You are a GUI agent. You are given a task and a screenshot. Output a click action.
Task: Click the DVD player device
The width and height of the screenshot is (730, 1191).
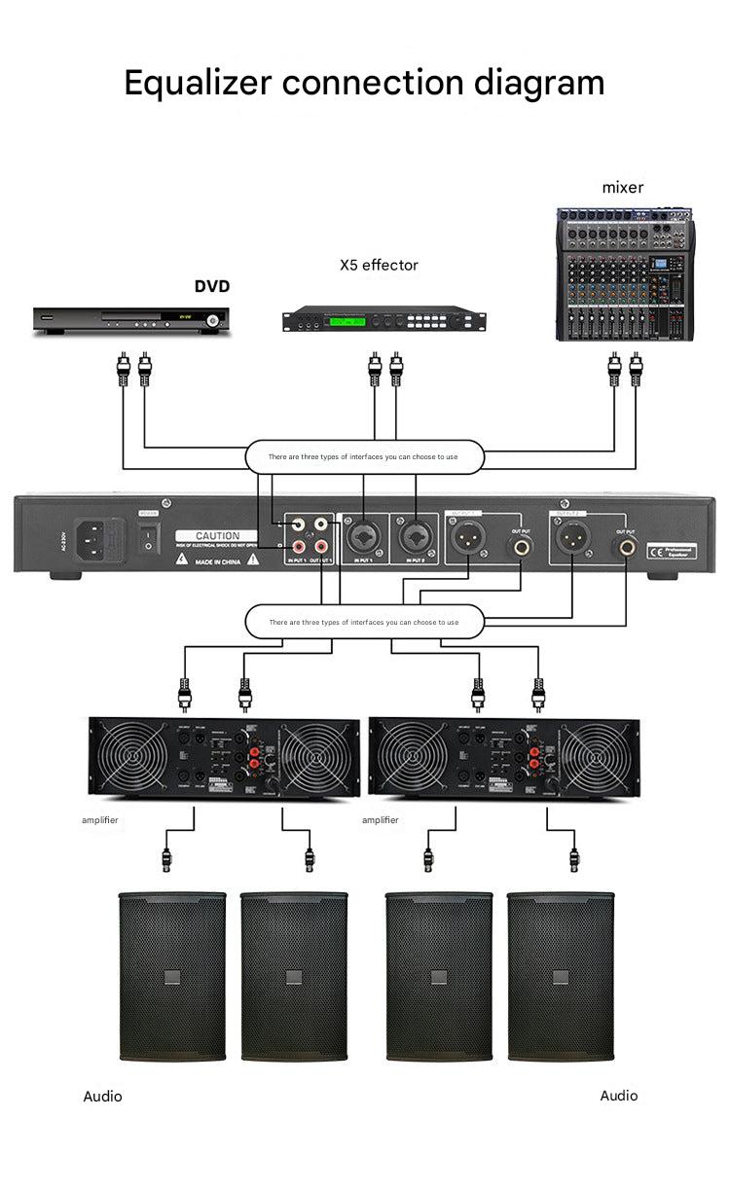131,319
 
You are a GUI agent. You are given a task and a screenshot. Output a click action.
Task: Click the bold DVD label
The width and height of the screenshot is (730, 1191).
212,286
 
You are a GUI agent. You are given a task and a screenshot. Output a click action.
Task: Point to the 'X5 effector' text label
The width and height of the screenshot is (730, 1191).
379,265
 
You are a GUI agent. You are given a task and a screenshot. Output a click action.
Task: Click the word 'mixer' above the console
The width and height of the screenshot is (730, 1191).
623,187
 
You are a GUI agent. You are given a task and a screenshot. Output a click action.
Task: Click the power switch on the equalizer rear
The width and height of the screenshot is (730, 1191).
149,534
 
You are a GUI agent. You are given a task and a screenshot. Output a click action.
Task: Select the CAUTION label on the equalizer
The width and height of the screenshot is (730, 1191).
217,536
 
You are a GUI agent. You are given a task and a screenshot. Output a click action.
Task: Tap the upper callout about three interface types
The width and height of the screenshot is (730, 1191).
363,456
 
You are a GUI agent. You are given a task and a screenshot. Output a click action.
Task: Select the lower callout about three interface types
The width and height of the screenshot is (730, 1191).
363,621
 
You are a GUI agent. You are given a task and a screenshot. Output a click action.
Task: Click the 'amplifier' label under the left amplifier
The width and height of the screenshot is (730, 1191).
99,820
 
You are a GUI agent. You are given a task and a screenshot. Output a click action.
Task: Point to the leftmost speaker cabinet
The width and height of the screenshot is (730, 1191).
171,975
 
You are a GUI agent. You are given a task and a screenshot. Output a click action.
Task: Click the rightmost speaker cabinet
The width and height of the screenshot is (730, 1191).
561,975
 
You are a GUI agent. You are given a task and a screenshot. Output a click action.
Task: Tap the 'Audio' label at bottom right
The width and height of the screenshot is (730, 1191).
619,1096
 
